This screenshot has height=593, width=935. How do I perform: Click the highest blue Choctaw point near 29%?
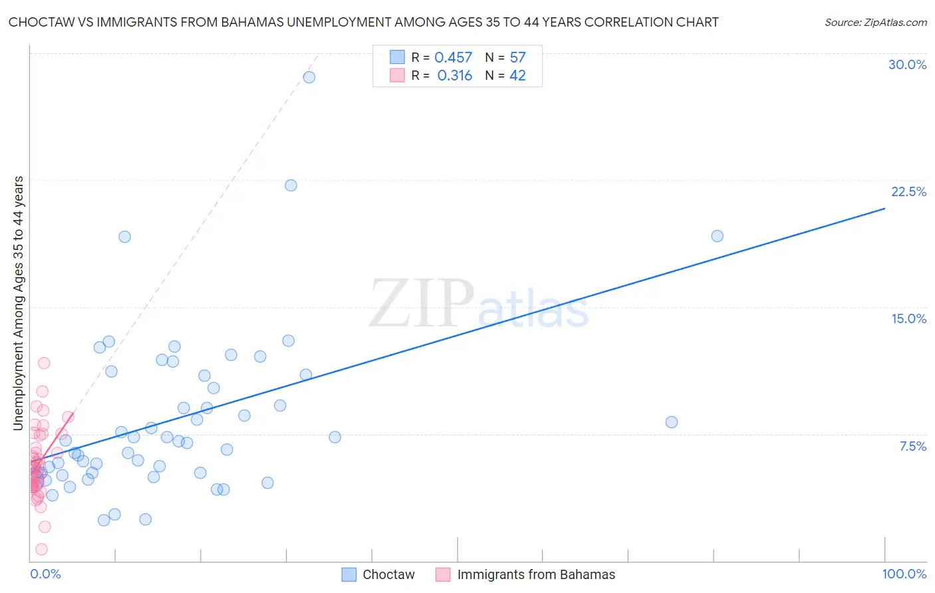(x=309, y=77)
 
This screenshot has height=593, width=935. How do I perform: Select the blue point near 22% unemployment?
(x=291, y=185)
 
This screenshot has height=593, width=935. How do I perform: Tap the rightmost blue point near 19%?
(x=717, y=236)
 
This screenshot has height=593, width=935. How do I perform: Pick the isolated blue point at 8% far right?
(x=671, y=422)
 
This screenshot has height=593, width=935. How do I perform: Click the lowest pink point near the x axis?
(x=41, y=549)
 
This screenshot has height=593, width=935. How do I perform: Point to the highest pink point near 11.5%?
(x=44, y=363)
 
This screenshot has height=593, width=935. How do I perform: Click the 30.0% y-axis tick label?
(x=907, y=64)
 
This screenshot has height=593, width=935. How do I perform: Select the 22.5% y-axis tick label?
(x=908, y=191)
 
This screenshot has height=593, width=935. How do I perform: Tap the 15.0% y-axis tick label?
(x=908, y=318)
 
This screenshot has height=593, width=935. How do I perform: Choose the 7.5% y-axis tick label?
(x=912, y=446)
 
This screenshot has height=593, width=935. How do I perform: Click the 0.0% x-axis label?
(x=45, y=574)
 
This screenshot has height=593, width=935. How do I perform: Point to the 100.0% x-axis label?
(x=904, y=574)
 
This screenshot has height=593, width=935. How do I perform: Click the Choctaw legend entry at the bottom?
(x=388, y=574)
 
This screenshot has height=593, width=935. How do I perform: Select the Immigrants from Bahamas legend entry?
(x=535, y=574)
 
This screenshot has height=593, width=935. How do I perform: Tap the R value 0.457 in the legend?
(x=453, y=58)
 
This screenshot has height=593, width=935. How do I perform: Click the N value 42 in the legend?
(x=517, y=76)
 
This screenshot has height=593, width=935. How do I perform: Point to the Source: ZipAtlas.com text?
(x=875, y=23)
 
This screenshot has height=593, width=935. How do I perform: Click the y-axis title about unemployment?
(x=19, y=302)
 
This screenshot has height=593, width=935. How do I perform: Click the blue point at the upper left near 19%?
(x=124, y=237)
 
